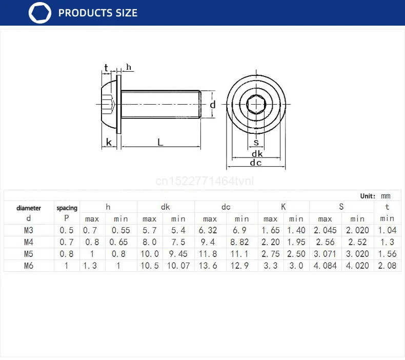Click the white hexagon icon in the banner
point(40,13)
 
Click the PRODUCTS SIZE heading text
point(98,13)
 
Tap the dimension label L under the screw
point(160,143)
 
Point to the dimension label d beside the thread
point(213,105)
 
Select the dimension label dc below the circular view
point(256,163)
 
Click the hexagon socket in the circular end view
point(256,105)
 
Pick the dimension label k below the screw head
point(108,142)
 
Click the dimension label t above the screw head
point(106,68)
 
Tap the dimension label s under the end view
point(256,143)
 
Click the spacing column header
point(67,208)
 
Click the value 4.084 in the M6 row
point(325,266)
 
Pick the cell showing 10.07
point(178,266)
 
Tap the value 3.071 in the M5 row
point(325,254)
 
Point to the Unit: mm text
point(375,196)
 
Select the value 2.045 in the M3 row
point(325,230)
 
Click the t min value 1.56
point(387,254)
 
